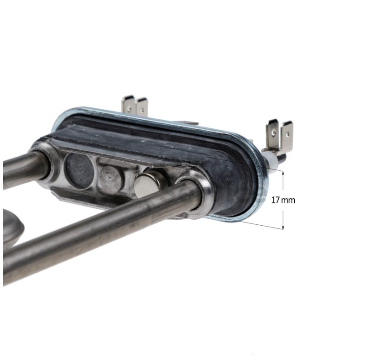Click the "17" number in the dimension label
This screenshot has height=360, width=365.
click(x=275, y=200)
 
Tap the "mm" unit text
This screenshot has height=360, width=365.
click(x=288, y=200)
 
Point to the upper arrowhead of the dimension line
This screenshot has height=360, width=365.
click(x=283, y=173)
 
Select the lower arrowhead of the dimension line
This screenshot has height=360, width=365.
click(x=283, y=228)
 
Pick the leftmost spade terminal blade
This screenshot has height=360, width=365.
click(x=128, y=104)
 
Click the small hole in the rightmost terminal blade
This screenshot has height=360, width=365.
click(x=288, y=134)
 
